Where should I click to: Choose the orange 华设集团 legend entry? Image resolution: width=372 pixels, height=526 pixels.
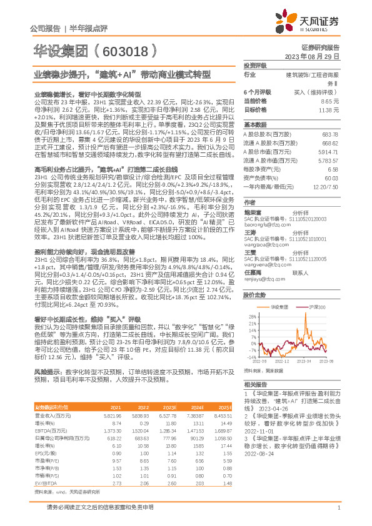click(279, 307)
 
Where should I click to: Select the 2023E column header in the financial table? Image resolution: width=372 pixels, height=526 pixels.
click(169, 407)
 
